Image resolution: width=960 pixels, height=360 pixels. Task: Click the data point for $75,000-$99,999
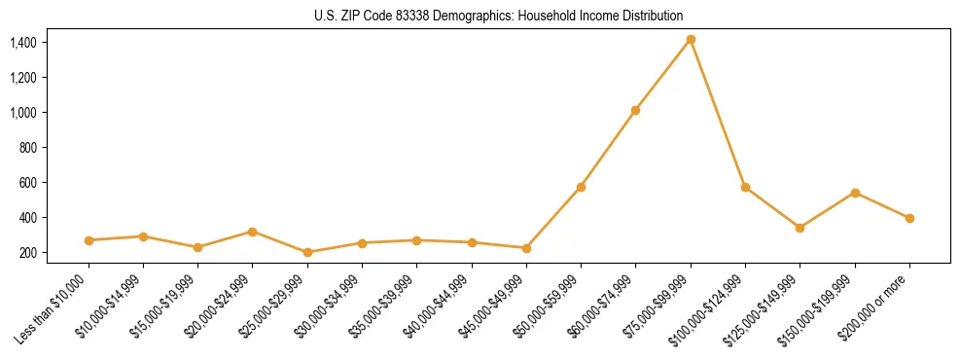click(691, 40)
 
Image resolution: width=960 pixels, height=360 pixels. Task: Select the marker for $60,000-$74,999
click(635, 110)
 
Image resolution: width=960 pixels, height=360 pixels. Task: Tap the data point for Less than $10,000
click(89, 240)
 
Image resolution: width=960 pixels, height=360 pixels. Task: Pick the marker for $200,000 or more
click(909, 218)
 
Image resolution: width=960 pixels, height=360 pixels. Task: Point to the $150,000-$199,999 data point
click(855, 193)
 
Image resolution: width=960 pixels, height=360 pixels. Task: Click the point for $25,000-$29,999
click(307, 252)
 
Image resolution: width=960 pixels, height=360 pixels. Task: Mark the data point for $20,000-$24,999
click(252, 232)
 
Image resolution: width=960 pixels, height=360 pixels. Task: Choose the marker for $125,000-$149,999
click(800, 228)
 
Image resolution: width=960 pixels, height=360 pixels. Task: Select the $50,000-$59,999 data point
click(581, 187)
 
